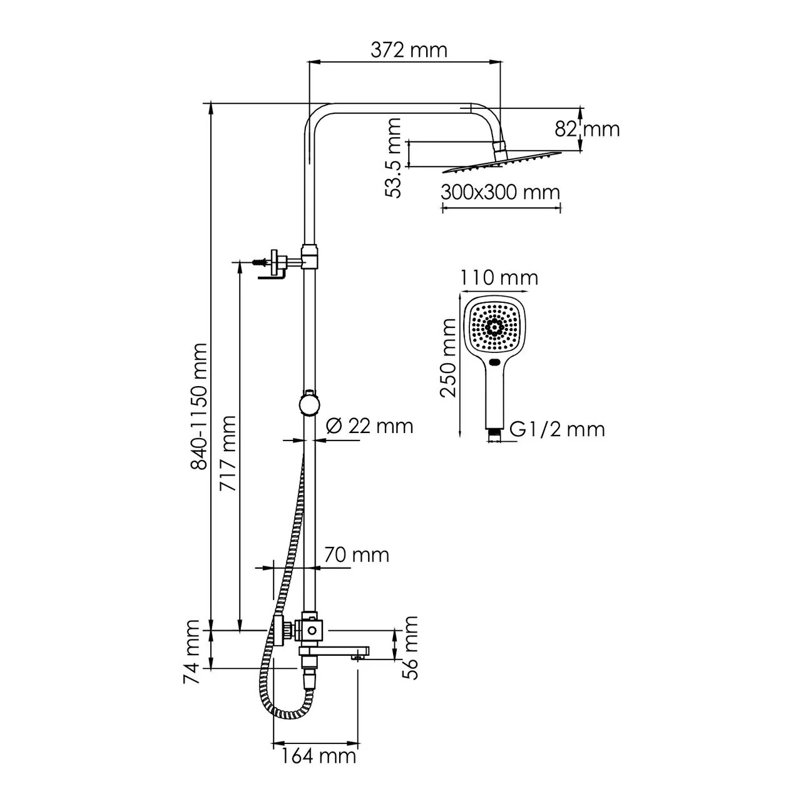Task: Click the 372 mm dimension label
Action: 409,49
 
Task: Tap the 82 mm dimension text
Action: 587,129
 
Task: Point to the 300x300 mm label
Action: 500,192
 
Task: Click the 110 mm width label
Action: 499,277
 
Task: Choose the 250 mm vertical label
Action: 448,358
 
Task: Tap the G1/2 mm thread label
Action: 557,429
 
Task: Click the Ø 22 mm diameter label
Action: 370,426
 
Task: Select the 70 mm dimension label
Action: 357,554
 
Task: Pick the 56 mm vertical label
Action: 410,647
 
